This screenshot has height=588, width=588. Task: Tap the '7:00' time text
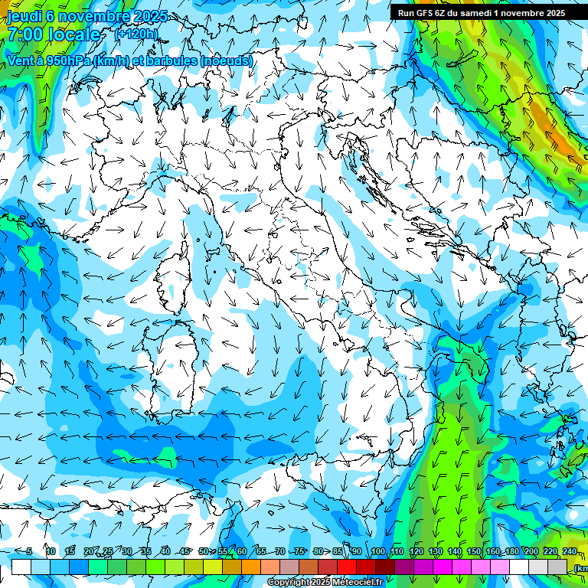pyautogui.click(x=24, y=35)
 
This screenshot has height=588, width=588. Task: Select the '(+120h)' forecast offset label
pyautogui.click(x=136, y=34)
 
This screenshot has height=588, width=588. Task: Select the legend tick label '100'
pyautogui.click(x=378, y=552)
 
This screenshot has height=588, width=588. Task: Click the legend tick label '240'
pyautogui.click(x=569, y=552)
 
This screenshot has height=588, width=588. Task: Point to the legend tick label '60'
pyautogui.click(x=242, y=552)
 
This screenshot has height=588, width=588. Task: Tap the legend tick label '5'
pyautogui.click(x=29, y=552)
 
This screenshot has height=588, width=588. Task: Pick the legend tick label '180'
pyautogui.click(x=510, y=552)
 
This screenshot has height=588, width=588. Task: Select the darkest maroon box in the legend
pyautogui.click(x=385, y=567)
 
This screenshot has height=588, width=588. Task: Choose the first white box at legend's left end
pyautogui.click(x=21, y=567)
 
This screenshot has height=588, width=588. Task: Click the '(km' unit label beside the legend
pyautogui.click(x=580, y=567)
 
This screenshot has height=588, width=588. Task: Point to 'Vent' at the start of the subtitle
pyautogui.click(x=21, y=61)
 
